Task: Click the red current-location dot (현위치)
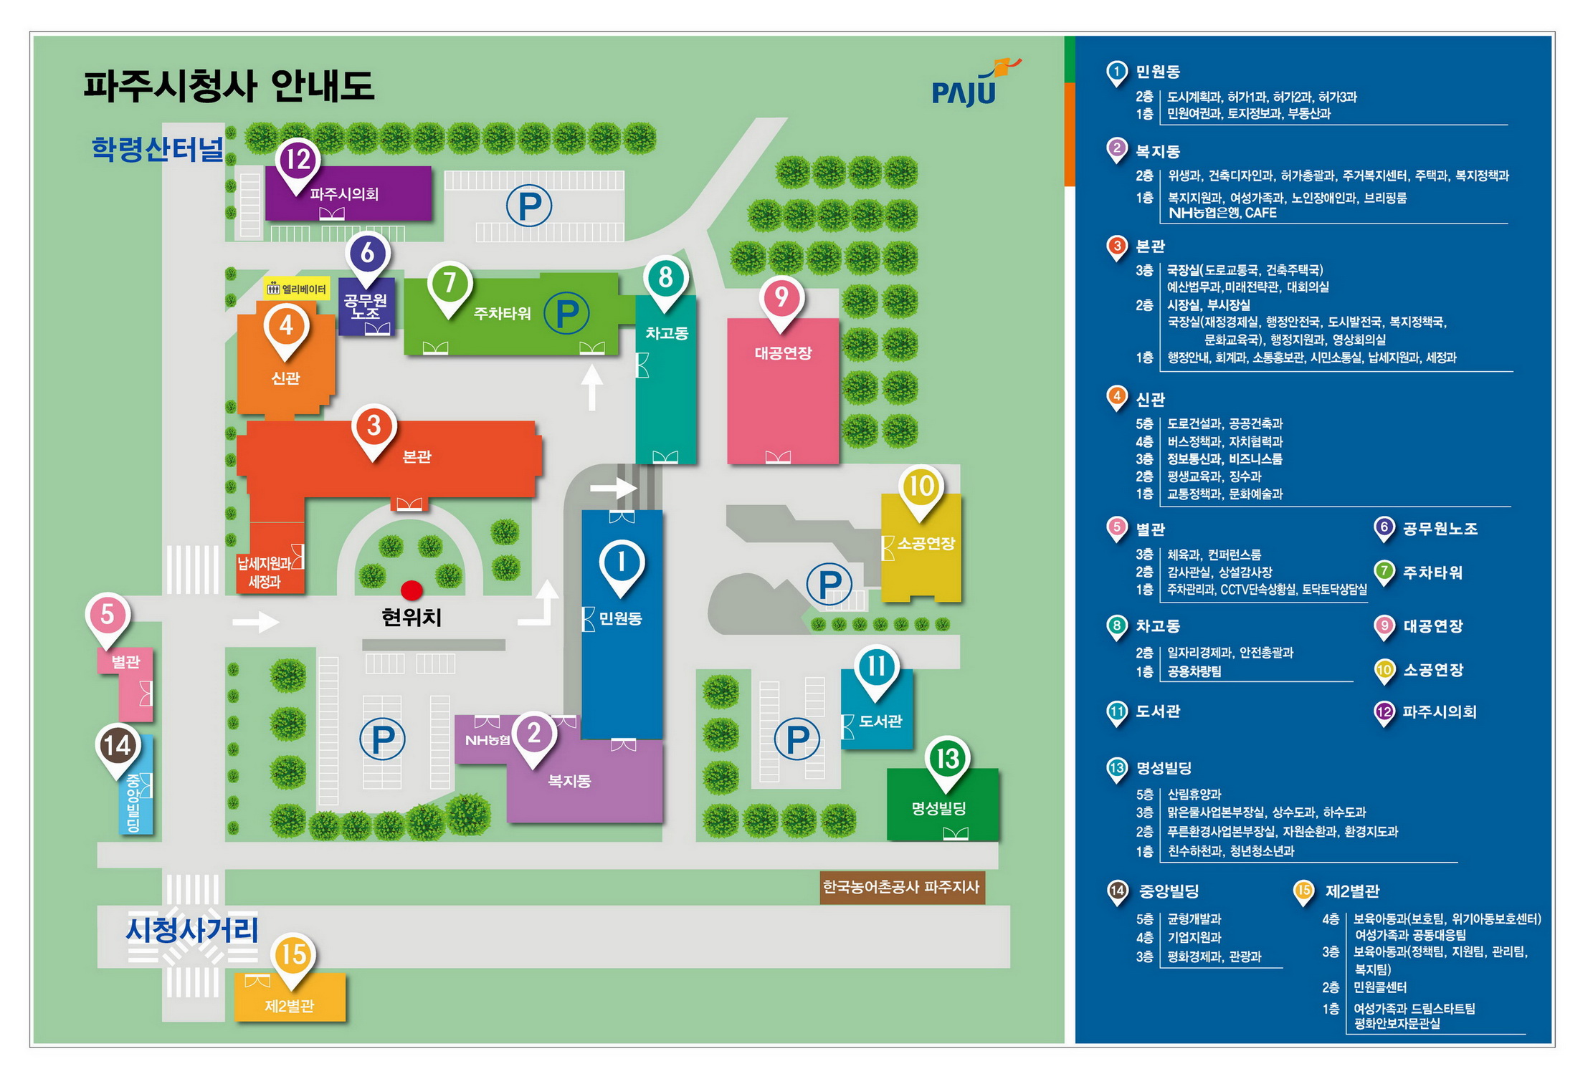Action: (x=411, y=590)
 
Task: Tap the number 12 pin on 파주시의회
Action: (x=298, y=160)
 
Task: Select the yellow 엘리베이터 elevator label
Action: (x=297, y=289)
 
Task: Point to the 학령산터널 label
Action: (x=157, y=149)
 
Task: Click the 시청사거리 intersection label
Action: (x=191, y=930)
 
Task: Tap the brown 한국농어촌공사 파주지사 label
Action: (x=901, y=887)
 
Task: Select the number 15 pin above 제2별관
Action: (x=293, y=956)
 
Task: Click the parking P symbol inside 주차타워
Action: (x=566, y=313)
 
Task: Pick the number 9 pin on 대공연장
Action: (x=781, y=298)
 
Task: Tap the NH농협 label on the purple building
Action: (x=487, y=740)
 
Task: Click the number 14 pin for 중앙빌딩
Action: (x=118, y=747)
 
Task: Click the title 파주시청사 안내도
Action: (x=229, y=86)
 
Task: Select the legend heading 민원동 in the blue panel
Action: (x=1158, y=72)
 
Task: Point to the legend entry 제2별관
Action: (x=1352, y=891)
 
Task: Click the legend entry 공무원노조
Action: (x=1440, y=529)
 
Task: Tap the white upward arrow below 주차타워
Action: (x=591, y=387)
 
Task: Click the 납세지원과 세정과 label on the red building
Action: (x=265, y=572)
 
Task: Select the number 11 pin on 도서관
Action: (x=875, y=668)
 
